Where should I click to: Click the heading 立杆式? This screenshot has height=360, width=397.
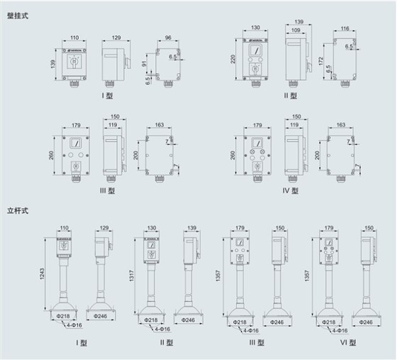[19, 210]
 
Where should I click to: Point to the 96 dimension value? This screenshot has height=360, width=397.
[167, 38]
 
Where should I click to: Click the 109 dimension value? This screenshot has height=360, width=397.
[294, 32]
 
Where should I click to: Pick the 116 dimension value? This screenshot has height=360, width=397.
[344, 29]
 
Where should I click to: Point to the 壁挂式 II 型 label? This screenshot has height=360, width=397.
[291, 96]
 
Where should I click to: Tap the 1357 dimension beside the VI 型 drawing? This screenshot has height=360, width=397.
[306, 274]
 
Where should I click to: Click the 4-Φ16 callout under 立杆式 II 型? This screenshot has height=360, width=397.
[164, 329]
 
